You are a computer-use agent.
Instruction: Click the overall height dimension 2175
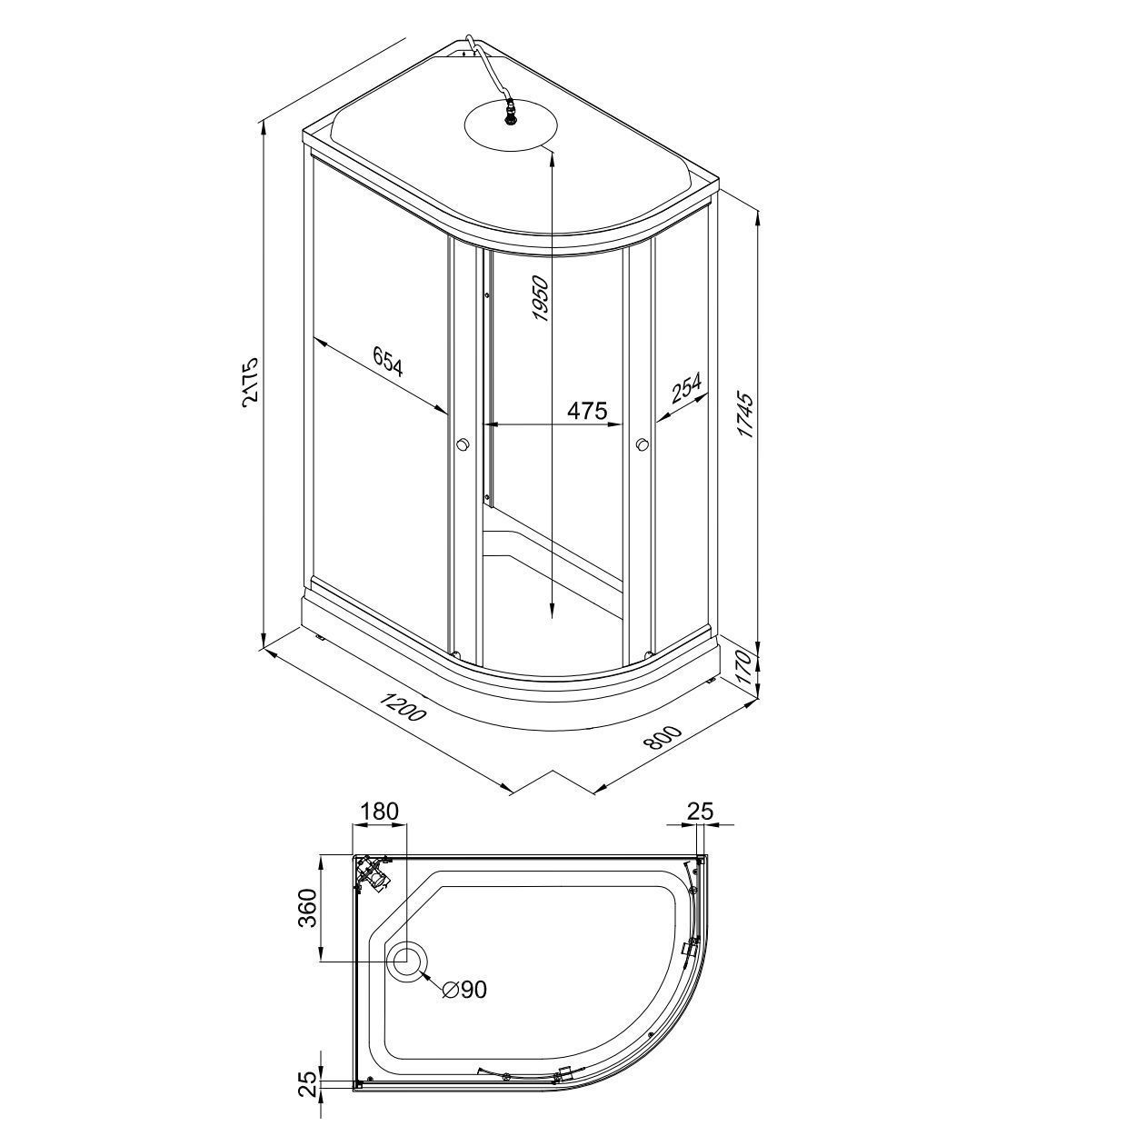point(250,380)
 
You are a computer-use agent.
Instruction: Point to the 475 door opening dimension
point(586,410)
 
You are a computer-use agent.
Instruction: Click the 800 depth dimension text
point(663,738)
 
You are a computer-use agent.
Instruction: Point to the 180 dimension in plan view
point(380,812)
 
